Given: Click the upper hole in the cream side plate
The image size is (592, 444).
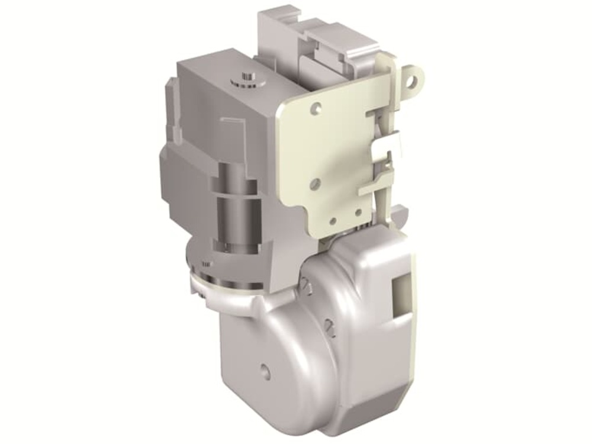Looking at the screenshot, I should click(318, 108).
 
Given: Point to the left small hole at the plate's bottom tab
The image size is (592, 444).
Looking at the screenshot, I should click(333, 221).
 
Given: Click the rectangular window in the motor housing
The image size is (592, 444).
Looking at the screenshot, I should click(401, 294).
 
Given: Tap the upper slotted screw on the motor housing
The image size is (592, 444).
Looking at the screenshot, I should click(304, 285).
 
